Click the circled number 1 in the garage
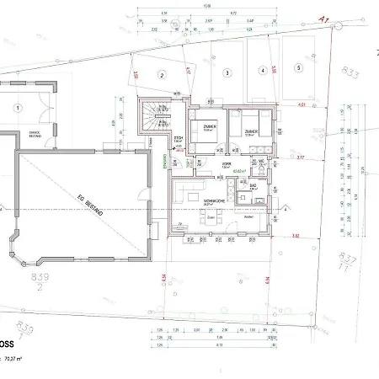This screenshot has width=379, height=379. [18, 108]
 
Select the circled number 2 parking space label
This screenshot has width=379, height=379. [159, 74]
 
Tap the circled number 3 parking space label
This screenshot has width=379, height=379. [227, 73]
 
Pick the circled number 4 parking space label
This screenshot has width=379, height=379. [263, 71]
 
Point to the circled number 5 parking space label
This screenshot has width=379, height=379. [297, 68]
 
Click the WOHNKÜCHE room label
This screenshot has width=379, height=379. [214, 201]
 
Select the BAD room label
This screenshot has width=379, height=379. [253, 184]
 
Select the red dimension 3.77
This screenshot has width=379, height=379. [300, 157]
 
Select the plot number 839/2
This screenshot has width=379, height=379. [39, 280]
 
